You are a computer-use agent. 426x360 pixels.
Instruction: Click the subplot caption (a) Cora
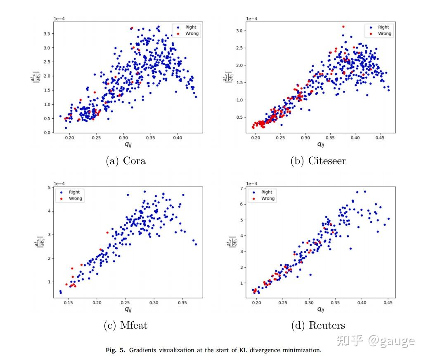[126, 161]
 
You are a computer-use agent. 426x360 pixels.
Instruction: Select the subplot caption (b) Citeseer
[317, 161]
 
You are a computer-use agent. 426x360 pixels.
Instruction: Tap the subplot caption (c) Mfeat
[125, 325]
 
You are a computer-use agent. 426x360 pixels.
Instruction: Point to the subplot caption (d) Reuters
[318, 325]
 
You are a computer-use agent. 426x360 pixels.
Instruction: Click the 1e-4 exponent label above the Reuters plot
[251, 184]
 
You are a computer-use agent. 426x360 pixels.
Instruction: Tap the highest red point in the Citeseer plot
[343, 27]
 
